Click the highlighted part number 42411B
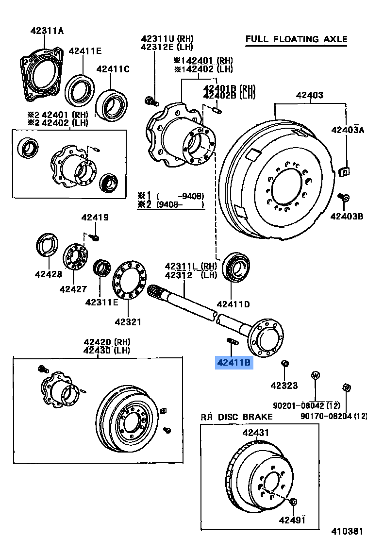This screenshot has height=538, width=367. (x=234, y=362)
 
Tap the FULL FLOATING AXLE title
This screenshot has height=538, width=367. (x=296, y=39)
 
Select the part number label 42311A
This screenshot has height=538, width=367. (x=47, y=31)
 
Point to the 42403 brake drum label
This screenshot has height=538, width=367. (x=309, y=95)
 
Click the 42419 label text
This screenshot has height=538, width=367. (x=95, y=218)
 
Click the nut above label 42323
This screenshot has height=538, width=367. (x=285, y=364)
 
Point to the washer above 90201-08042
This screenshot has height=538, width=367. (x=315, y=375)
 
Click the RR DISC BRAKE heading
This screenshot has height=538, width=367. (x=237, y=417)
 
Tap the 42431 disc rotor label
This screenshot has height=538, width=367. (x=256, y=433)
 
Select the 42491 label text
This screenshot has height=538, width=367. (x=292, y=520)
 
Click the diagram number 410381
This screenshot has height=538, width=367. (x=347, y=531)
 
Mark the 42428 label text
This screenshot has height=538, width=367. (x=48, y=274)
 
